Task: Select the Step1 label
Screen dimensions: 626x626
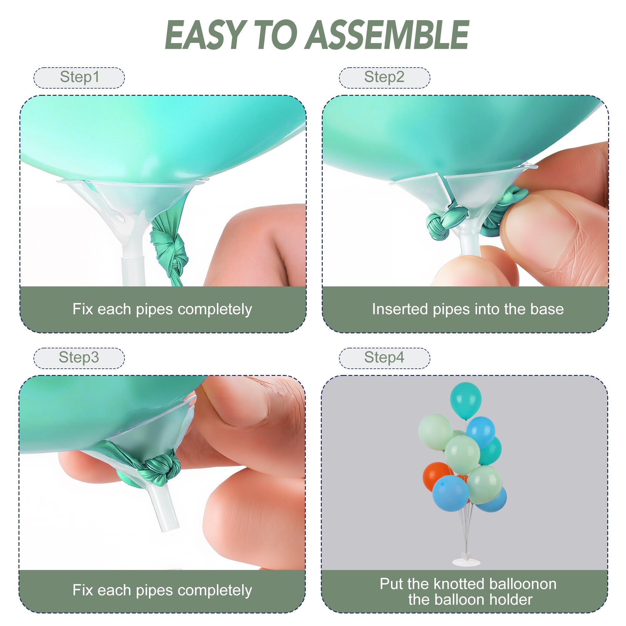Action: click(80, 77)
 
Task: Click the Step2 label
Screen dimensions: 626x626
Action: click(384, 77)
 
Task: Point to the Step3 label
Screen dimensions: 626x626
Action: click(79, 358)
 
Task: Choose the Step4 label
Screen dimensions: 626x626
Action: click(384, 358)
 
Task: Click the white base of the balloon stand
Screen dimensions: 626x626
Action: click(467, 562)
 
